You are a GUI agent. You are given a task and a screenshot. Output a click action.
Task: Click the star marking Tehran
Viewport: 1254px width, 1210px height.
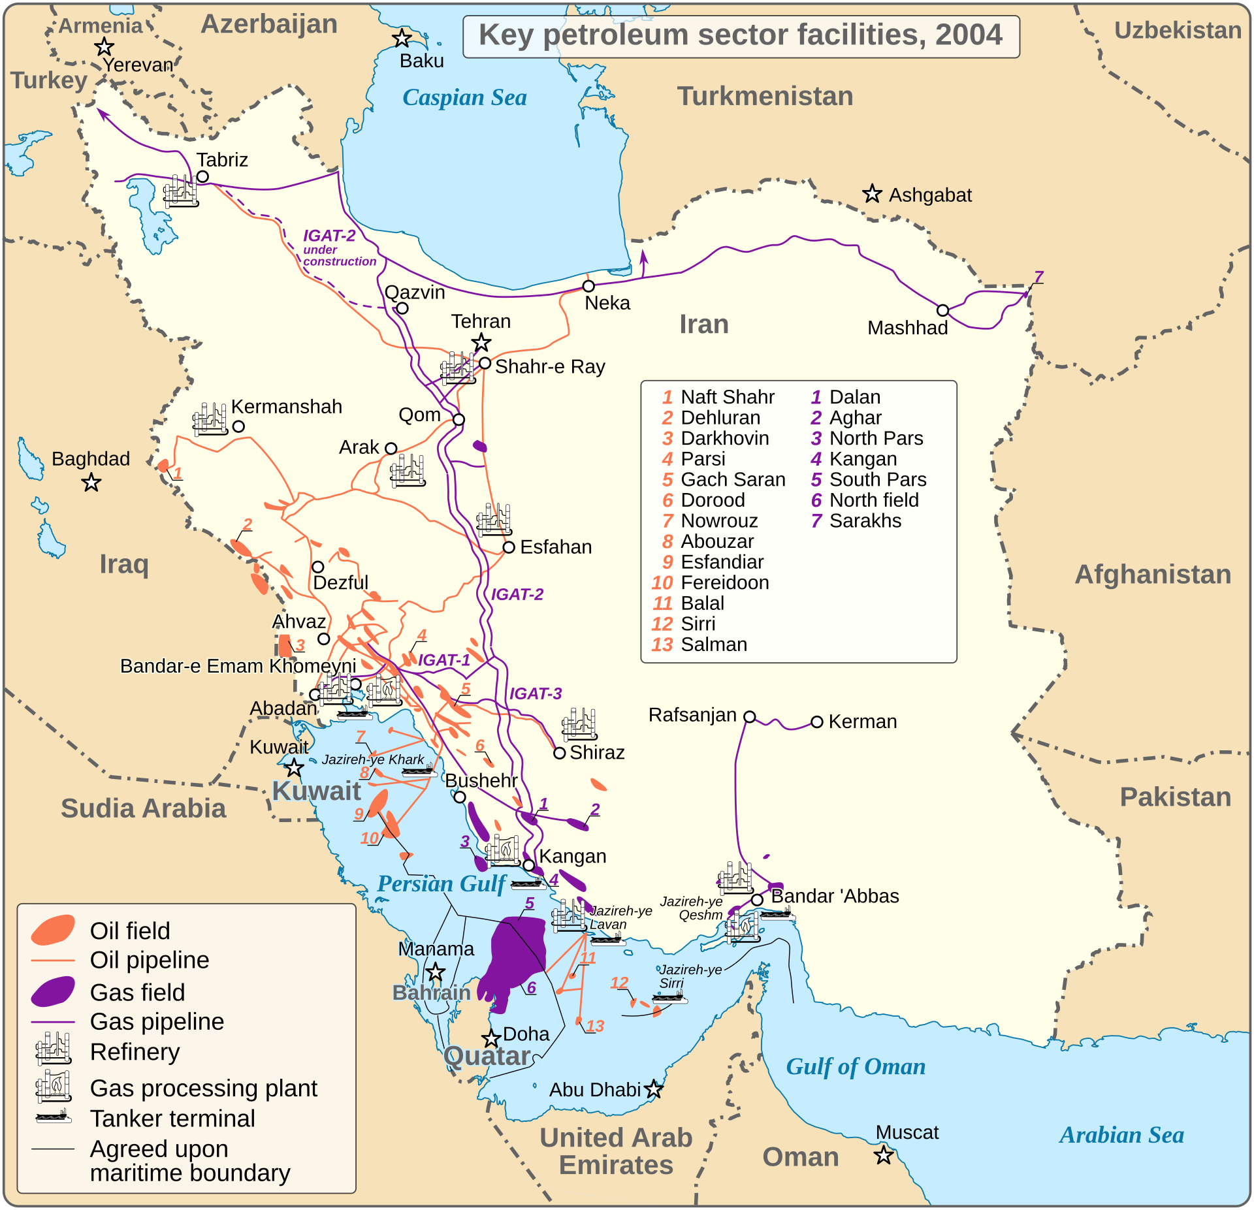tap(481, 342)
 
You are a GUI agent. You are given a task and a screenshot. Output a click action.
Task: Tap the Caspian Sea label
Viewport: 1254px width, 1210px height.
tap(464, 98)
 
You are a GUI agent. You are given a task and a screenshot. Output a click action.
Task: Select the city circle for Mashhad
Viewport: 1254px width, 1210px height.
tap(942, 310)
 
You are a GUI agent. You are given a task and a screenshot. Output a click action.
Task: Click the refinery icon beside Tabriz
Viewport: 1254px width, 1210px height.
tap(180, 191)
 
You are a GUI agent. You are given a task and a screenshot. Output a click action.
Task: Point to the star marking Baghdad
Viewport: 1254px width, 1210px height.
tap(91, 483)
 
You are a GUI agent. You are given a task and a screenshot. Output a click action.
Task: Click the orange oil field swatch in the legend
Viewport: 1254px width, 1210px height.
tap(54, 930)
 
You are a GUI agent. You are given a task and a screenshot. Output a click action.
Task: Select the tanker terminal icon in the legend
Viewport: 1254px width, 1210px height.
tap(54, 1117)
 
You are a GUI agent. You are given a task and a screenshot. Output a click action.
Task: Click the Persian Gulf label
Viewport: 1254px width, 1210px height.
tap(442, 884)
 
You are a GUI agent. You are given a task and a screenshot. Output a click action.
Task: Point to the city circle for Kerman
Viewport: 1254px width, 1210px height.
tap(816, 722)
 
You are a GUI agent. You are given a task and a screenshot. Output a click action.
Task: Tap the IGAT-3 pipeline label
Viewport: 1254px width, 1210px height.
tap(536, 693)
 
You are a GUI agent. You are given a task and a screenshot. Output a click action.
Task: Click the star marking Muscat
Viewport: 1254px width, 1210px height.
tap(884, 1155)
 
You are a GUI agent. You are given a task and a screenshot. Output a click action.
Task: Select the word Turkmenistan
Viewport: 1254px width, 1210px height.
tap(765, 97)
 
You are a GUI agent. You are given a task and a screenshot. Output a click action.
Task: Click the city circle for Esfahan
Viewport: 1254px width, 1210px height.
tap(509, 547)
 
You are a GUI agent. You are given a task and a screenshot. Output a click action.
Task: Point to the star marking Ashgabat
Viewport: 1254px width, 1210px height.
tap(872, 194)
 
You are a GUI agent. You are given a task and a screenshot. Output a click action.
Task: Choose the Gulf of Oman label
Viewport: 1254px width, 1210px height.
tap(855, 1067)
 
